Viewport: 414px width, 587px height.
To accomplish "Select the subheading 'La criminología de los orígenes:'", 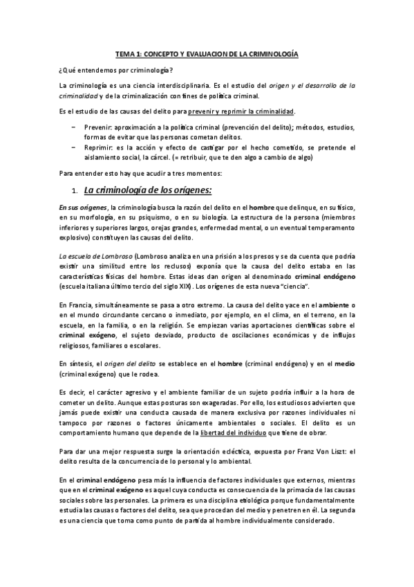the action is tap(147, 190).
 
